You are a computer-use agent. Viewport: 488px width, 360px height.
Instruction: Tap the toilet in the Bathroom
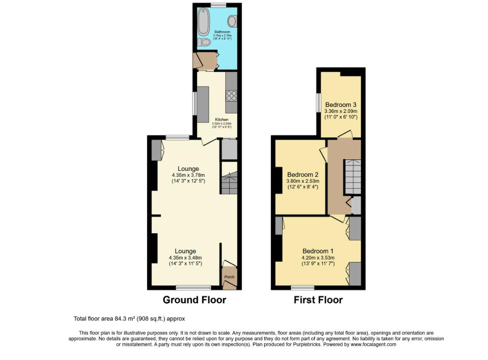[202, 43]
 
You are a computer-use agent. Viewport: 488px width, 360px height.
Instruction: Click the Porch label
[229, 277]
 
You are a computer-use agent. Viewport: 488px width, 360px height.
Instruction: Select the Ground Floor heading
[195, 300]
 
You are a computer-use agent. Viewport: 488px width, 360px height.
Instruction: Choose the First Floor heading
[318, 300]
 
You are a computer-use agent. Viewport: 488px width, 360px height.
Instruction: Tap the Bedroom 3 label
[341, 105]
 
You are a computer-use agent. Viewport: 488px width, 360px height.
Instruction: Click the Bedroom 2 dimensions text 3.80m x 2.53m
[303, 181]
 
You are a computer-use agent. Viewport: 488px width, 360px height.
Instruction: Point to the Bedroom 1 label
[318, 250]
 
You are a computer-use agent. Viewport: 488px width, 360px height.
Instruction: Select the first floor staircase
[352, 176]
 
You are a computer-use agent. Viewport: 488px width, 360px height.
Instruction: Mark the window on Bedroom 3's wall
[318, 104]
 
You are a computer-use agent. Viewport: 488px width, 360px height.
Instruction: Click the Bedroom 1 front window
[302, 287]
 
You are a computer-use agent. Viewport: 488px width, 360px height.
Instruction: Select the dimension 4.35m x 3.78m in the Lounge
[188, 175]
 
